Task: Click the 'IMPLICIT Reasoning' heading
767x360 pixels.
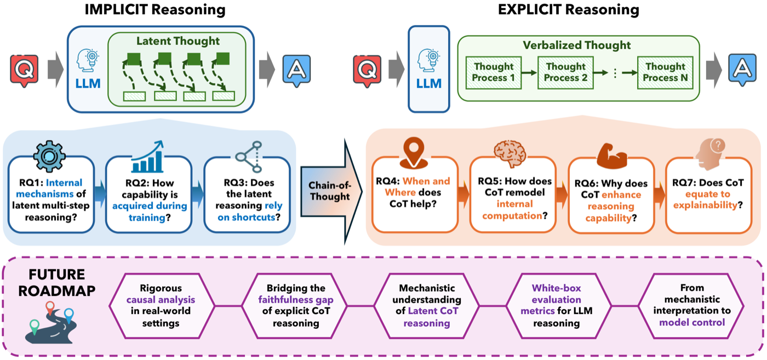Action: click(154, 10)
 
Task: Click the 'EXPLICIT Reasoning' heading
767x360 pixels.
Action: click(569, 10)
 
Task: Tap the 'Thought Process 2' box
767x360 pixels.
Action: click(565, 73)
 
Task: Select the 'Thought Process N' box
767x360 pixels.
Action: click(665, 73)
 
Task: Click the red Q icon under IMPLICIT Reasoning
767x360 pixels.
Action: click(24, 71)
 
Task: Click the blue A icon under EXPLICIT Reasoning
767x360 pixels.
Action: click(742, 70)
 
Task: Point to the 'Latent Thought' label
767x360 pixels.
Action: click(178, 41)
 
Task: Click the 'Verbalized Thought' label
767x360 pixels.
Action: click(576, 45)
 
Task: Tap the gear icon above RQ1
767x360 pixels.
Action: click(49, 156)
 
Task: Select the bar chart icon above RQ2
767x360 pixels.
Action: click(147, 157)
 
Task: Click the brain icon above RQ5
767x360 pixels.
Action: click(510, 153)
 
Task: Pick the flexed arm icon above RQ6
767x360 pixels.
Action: click(612, 156)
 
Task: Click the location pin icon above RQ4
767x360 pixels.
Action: click(414, 153)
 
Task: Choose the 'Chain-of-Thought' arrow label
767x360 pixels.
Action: click(330, 191)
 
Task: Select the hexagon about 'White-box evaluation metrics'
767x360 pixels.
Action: click(557, 306)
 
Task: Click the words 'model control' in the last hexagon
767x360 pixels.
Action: click(692, 323)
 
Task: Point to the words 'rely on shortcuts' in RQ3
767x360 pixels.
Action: click(249, 212)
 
